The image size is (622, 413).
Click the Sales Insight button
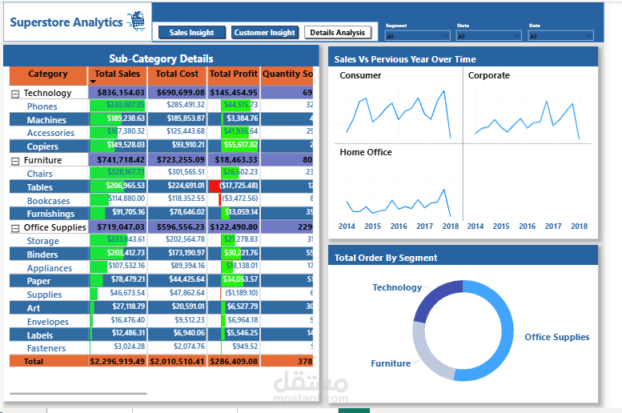coord(191,33)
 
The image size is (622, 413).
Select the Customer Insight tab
coord(264,33)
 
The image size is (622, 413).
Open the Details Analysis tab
coord(338,33)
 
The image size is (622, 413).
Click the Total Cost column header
coord(177,74)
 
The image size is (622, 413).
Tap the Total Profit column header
coord(234,74)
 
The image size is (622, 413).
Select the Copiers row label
coord(42,146)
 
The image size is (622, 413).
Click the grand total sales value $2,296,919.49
coord(118,362)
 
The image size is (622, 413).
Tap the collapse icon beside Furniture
coord(15,161)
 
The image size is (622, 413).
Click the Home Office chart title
coord(366,152)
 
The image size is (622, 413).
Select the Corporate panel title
coord(488,76)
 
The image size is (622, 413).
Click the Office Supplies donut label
coord(556,337)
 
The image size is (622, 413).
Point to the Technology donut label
coord(396,287)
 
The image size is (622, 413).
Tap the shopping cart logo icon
coord(138,21)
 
